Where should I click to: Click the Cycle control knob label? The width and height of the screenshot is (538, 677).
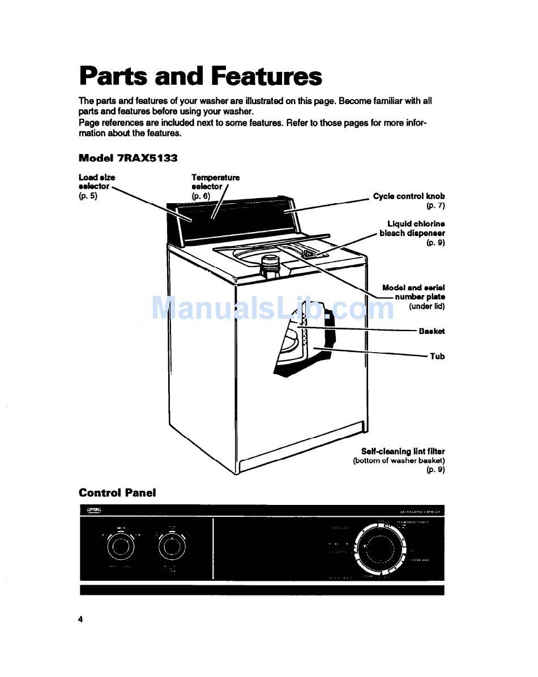[x=409, y=196]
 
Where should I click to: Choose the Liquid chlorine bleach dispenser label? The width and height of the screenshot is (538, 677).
[x=412, y=229]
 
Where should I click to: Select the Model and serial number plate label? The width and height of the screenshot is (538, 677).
[x=413, y=292]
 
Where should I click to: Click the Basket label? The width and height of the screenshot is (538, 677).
[x=432, y=331]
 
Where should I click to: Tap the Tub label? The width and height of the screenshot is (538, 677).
[x=437, y=356]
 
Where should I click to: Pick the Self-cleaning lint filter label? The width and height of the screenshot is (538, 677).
[x=403, y=451]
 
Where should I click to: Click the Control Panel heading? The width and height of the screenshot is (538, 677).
[x=117, y=492]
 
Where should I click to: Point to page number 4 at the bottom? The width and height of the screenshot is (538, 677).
[x=81, y=619]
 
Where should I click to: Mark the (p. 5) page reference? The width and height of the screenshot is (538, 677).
[x=88, y=196]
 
